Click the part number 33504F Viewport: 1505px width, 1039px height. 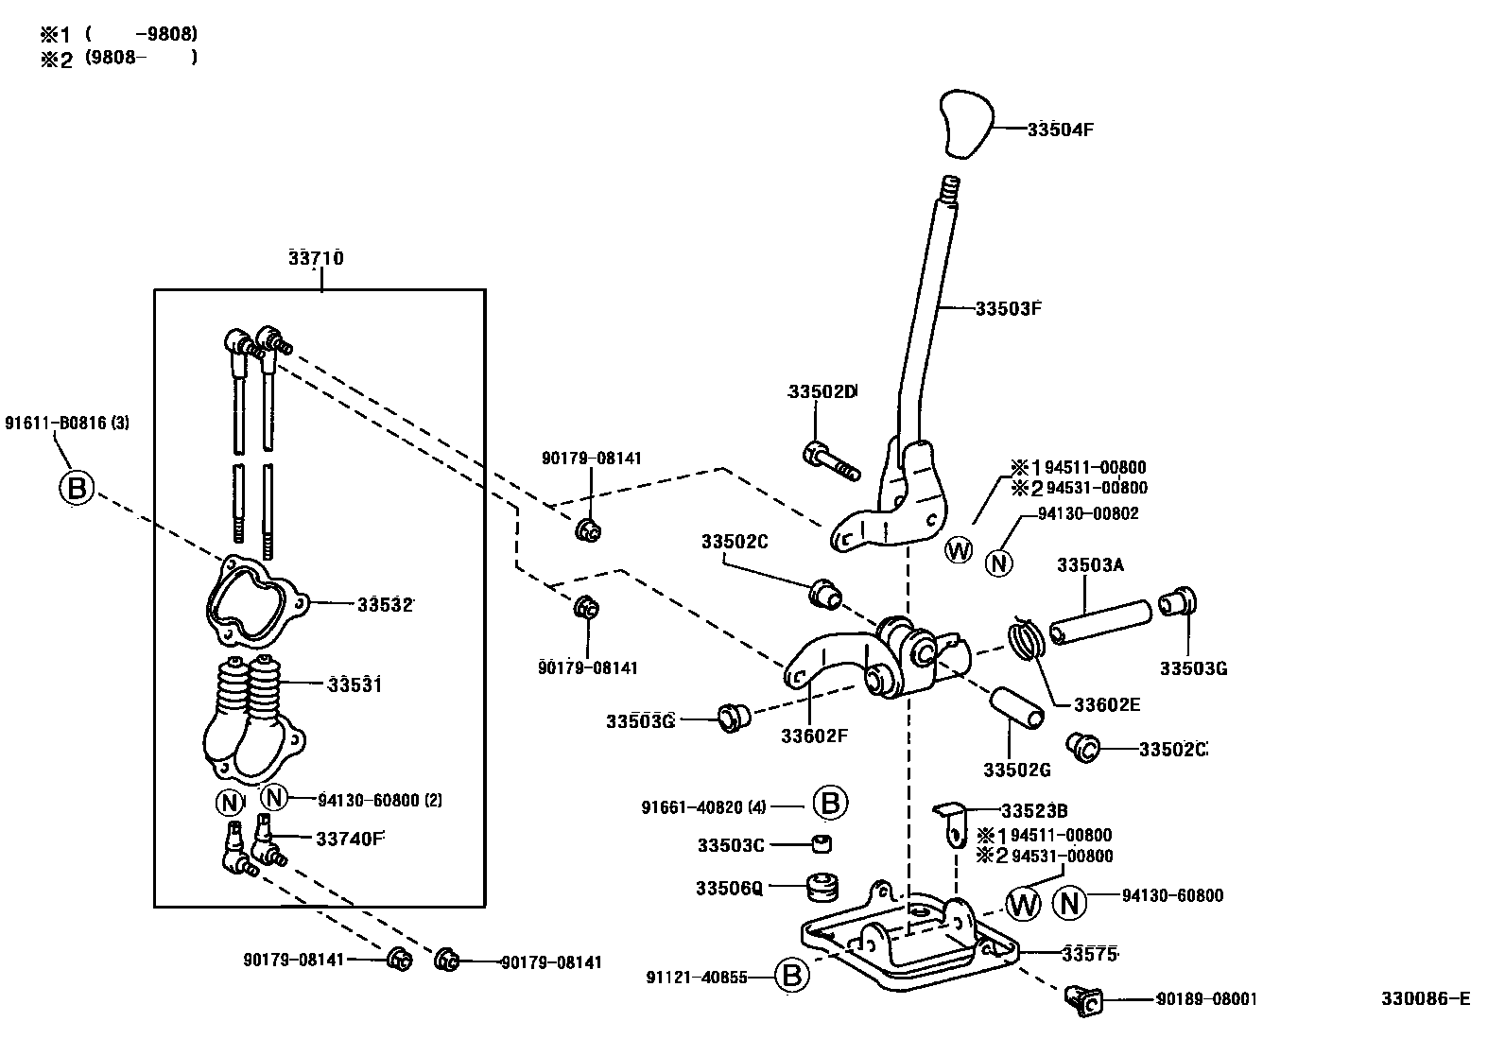1060,130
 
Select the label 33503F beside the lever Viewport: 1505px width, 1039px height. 1008,308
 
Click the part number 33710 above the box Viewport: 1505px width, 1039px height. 316,258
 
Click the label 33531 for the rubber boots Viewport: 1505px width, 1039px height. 354,684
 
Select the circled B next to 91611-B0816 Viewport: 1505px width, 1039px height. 77,489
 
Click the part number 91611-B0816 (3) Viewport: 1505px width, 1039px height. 67,423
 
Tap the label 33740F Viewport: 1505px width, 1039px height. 350,838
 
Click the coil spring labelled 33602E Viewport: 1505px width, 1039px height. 1026,639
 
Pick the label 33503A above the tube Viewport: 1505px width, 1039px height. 1089,565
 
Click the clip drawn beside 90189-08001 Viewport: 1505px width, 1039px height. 1082,998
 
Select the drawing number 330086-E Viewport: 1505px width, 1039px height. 1425,998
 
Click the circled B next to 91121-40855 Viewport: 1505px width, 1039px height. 792,977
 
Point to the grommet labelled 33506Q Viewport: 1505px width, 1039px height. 822,889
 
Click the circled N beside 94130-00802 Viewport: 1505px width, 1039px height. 998,563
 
